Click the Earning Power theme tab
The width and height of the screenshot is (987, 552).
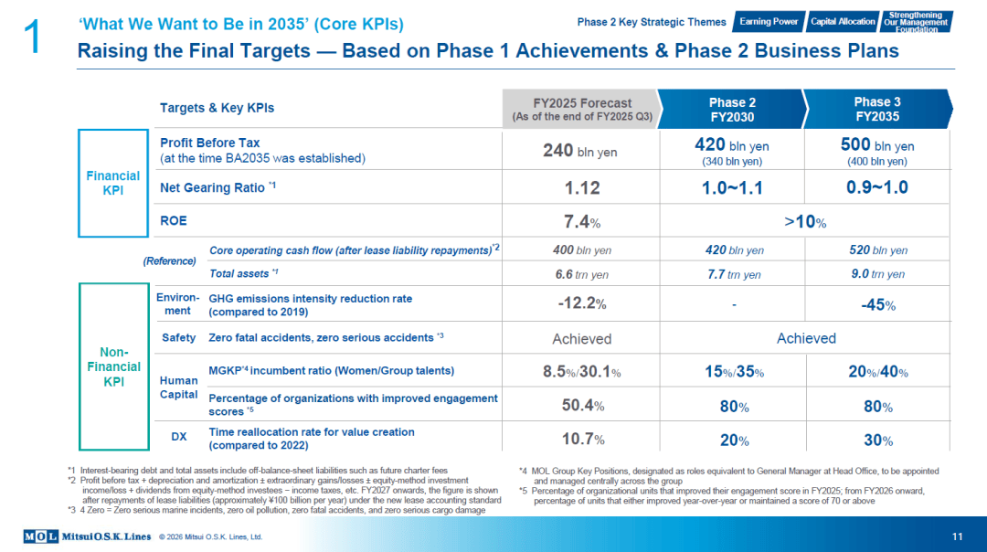[x=769, y=21]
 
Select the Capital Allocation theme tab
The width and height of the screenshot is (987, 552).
[x=843, y=21]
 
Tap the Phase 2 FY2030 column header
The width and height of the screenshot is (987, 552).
[x=731, y=109]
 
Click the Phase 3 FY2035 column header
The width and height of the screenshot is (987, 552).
[x=876, y=109]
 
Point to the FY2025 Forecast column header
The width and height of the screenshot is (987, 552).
[x=581, y=109]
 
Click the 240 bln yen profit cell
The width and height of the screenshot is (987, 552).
[x=579, y=151]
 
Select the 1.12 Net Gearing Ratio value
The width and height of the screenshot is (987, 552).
[x=581, y=187]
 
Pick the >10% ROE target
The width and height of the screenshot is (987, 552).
[x=805, y=221]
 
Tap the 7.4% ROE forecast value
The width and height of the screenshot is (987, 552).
[x=581, y=221]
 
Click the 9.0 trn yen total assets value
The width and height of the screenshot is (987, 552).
[x=877, y=274]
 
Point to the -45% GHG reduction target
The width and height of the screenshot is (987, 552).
[x=877, y=305]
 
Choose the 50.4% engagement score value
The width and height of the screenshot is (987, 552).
[x=583, y=406]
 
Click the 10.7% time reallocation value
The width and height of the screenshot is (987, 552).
[x=583, y=440]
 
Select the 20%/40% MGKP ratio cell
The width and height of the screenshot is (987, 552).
[x=878, y=372]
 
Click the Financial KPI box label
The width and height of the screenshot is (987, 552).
[x=113, y=183]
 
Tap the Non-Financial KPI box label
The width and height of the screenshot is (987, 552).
[x=114, y=367]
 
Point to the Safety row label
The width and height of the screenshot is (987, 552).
[x=179, y=338]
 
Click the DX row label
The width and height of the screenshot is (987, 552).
[x=179, y=437]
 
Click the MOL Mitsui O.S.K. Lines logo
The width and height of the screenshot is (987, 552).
[x=88, y=536]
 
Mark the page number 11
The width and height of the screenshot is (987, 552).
[x=958, y=536]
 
